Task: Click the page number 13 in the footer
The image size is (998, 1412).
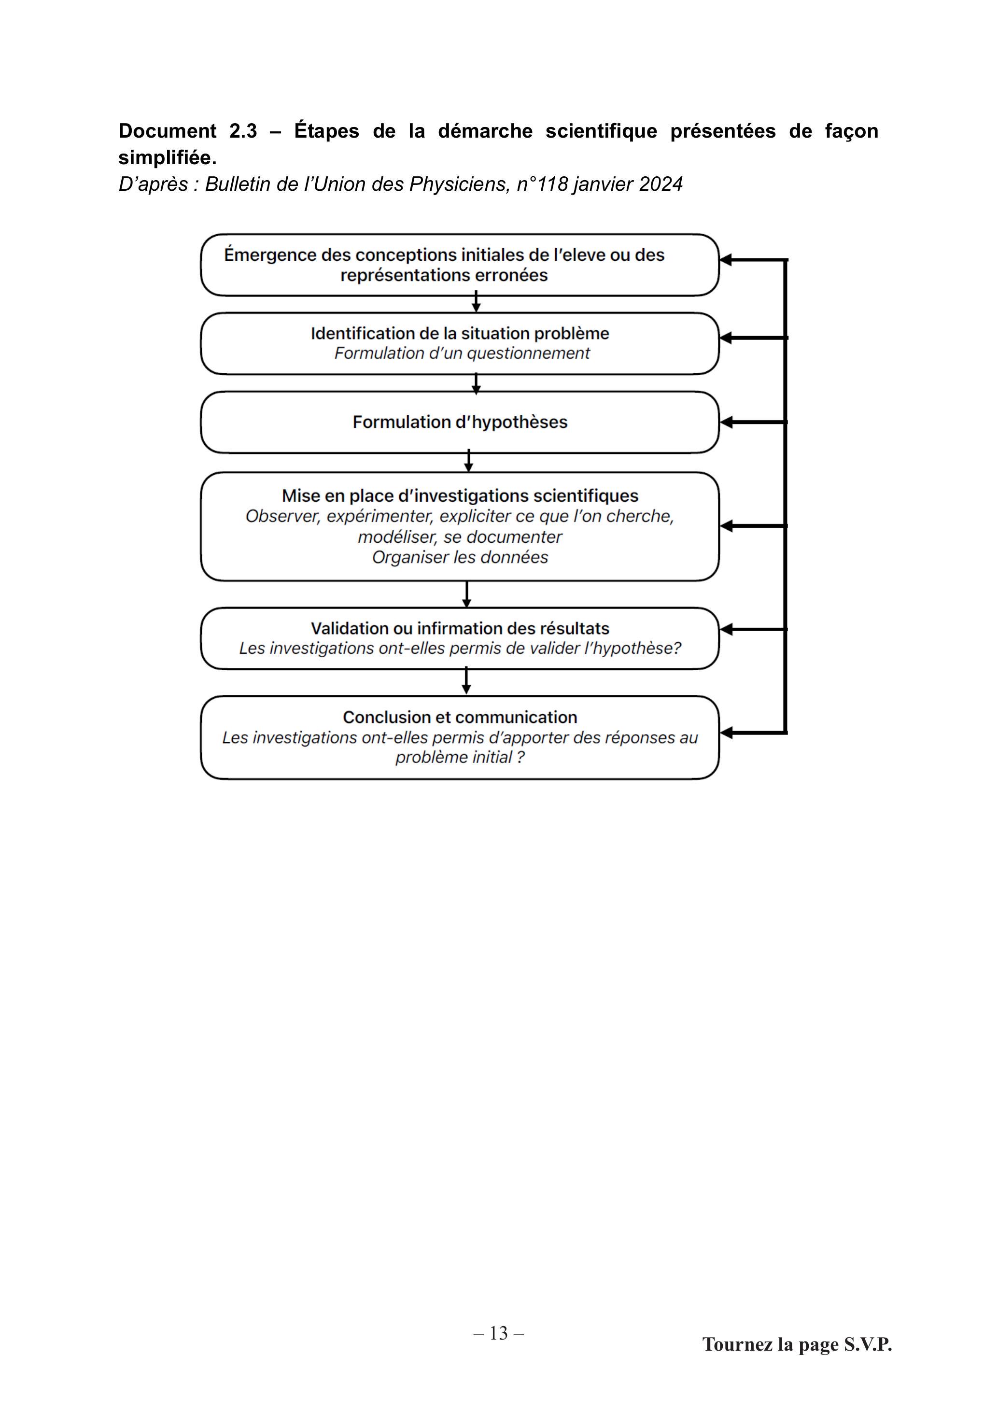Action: [499, 1333]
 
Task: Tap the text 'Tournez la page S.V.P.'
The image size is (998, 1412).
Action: [797, 1344]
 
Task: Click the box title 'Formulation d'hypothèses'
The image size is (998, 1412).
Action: [460, 422]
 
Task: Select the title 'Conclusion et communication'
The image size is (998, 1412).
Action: [460, 717]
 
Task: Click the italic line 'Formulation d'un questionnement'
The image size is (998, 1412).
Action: [462, 353]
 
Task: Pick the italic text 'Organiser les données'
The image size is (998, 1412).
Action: [460, 557]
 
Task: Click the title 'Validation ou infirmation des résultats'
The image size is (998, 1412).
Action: [460, 629]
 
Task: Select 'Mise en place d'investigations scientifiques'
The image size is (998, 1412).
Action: [460, 495]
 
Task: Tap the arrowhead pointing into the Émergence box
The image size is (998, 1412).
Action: [726, 260]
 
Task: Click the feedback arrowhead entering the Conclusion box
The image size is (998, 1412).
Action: [726, 733]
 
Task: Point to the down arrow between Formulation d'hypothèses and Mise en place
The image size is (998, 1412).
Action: [468, 461]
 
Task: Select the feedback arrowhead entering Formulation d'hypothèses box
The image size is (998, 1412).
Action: [726, 423]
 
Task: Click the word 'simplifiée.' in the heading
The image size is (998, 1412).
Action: [167, 158]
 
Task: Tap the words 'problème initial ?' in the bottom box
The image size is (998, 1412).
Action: [460, 757]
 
